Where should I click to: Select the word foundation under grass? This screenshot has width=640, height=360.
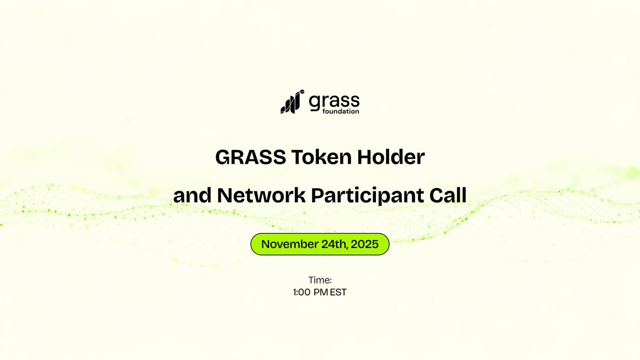[x=341, y=111]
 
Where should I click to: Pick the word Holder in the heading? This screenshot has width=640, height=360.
[x=390, y=158]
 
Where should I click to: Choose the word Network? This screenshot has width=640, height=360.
[x=261, y=196]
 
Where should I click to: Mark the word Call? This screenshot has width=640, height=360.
[x=447, y=196]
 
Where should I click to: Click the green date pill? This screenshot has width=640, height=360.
[x=320, y=244]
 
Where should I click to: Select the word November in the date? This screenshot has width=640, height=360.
[x=289, y=244]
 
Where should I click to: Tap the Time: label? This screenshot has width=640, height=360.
[x=320, y=280]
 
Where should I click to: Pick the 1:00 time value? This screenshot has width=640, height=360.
[x=302, y=292]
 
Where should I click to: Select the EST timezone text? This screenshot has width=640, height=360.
[x=338, y=292]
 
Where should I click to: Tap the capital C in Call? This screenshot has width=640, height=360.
[x=434, y=196]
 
